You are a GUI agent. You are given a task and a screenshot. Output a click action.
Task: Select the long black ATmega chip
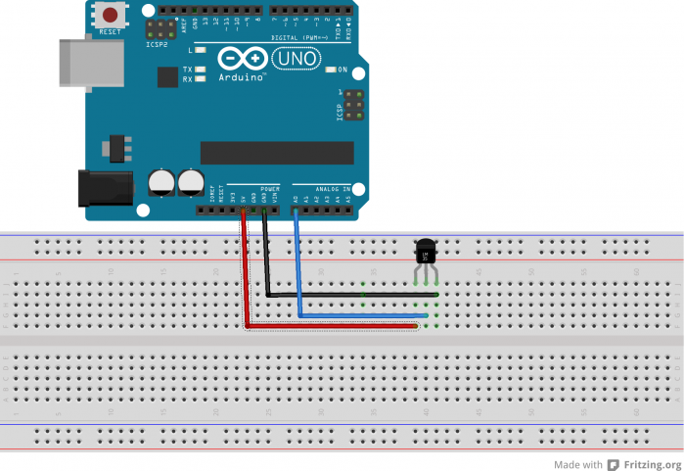point(277,153)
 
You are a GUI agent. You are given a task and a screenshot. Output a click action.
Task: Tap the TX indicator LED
point(200,70)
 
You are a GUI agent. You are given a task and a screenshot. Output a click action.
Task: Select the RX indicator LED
point(200,79)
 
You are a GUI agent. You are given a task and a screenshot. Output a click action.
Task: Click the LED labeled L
point(200,49)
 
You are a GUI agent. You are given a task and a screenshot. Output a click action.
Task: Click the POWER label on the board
point(271,188)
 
